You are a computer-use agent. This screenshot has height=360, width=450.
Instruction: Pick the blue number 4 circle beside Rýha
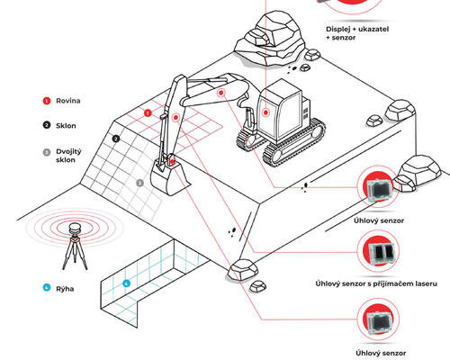47,288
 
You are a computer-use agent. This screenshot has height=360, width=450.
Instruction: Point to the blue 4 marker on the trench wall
126,284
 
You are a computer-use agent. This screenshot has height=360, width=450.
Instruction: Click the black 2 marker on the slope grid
116,139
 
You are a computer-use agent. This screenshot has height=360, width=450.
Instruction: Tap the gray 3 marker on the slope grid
139,182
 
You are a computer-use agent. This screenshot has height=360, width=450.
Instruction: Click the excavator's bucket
167,177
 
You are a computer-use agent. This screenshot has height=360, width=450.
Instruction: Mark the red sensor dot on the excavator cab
266,112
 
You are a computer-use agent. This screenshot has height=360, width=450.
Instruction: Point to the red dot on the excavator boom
220,92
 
